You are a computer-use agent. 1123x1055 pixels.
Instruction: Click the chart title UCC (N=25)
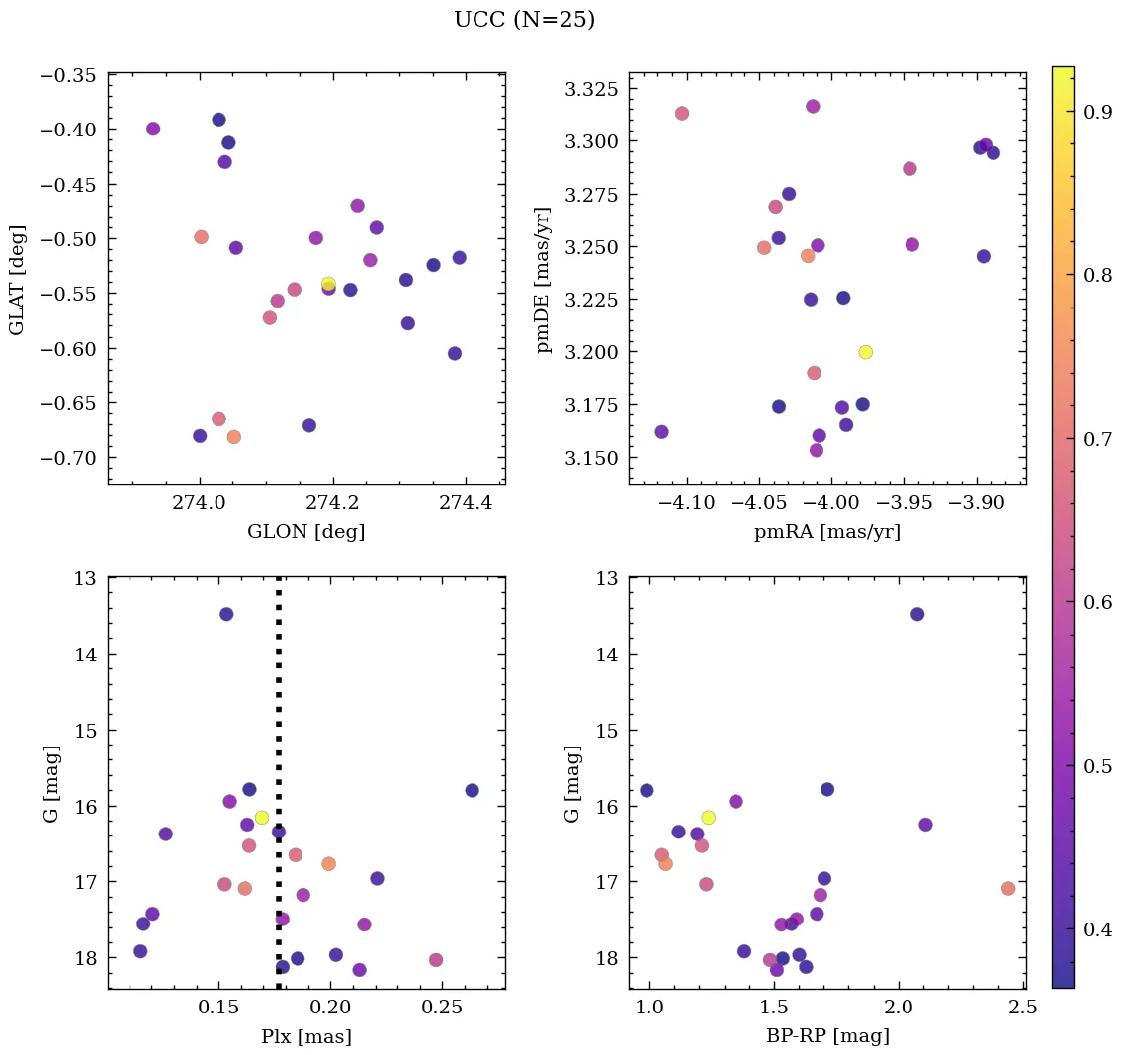point(524,20)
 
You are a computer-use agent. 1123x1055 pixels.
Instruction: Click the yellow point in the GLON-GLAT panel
point(328,284)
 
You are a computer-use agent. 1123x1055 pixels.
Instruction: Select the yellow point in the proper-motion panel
point(866,352)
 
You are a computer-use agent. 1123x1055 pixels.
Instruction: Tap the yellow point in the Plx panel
point(262,818)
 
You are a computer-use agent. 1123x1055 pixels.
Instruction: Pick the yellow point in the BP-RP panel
point(708,818)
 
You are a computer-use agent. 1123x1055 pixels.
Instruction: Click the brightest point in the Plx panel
point(226,614)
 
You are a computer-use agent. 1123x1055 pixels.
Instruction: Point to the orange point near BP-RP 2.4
point(1008,889)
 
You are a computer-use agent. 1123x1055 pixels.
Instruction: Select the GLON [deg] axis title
point(306,532)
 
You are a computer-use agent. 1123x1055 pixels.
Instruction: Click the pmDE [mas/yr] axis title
point(544,280)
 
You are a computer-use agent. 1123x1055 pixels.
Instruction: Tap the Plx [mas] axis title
point(306,1037)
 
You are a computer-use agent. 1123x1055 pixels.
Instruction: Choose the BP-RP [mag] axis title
point(827,1037)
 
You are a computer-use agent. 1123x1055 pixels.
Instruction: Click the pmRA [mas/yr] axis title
point(827,532)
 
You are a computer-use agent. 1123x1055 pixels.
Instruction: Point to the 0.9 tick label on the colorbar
point(1097,113)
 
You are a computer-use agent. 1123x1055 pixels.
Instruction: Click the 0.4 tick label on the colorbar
point(1097,929)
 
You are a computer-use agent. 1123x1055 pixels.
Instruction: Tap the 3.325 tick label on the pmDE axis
point(591,90)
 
